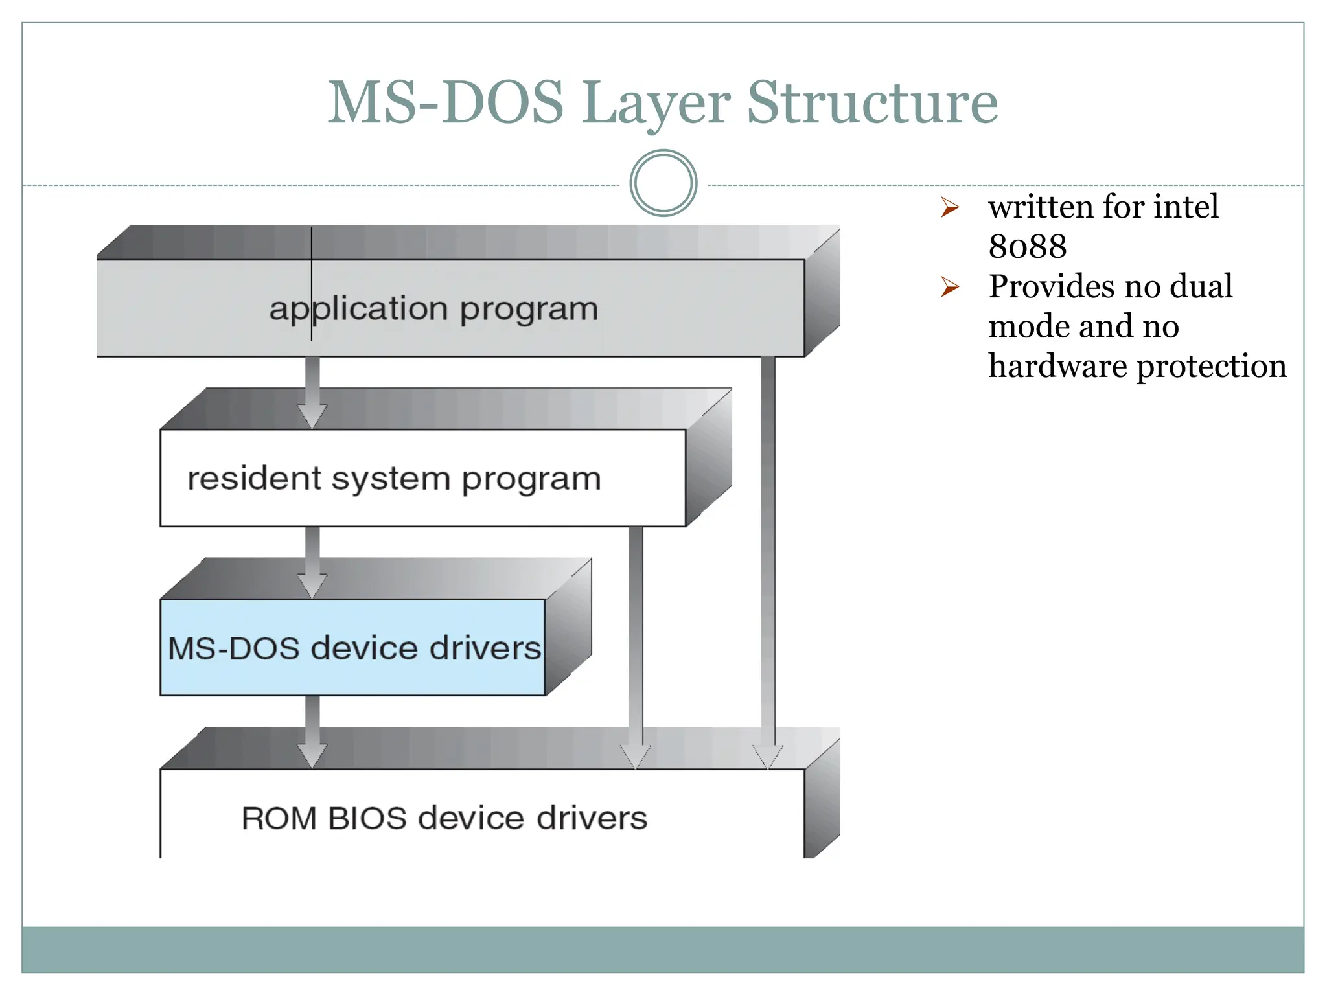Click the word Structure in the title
tap(872, 104)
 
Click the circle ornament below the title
tap(663, 183)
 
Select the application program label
tap(433, 309)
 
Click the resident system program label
tap(394, 479)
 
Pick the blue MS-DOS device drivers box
tap(353, 648)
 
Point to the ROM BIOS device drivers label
tap(444, 818)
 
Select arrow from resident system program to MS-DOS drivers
tap(312, 561)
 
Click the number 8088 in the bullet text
tap(1028, 247)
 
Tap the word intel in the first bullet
tap(1186, 207)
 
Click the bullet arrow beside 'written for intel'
tap(950, 208)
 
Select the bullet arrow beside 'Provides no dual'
tap(950, 287)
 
